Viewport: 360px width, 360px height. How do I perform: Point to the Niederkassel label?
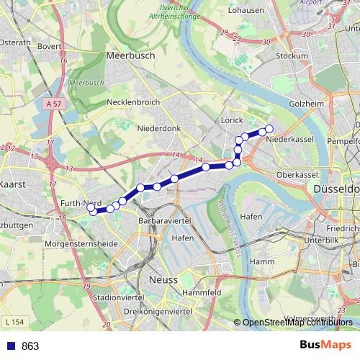286,139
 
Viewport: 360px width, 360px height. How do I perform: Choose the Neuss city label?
161,279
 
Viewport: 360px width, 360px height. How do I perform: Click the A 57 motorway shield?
53,104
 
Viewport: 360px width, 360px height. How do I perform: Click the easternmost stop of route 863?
269,129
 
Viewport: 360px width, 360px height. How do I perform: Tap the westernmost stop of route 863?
92,211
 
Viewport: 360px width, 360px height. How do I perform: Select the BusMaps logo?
325,345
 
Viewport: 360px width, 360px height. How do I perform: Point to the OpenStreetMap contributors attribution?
298,323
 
